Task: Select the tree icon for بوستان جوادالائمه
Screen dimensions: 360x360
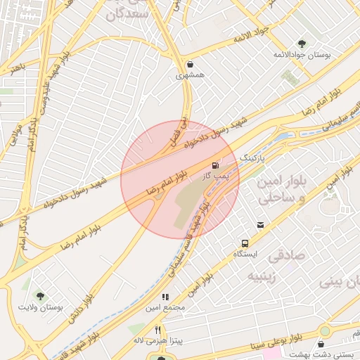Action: pyautogui.click(x=302, y=44)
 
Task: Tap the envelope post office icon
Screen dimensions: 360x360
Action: pyautogui.click(x=261, y=225)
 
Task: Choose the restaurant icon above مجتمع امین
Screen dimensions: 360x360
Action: pyautogui.click(x=166, y=297)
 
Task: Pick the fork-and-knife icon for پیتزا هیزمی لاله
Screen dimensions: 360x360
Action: pyautogui.click(x=158, y=330)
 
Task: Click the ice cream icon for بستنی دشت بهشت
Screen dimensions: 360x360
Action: pyautogui.click(x=321, y=344)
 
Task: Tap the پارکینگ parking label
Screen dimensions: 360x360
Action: pyautogui.click(x=253, y=159)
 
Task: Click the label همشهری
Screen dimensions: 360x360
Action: pyautogui.click(x=190, y=74)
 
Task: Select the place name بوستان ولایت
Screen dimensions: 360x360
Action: pyautogui.click(x=41, y=308)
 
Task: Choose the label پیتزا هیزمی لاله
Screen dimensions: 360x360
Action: pyautogui.click(x=159, y=340)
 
